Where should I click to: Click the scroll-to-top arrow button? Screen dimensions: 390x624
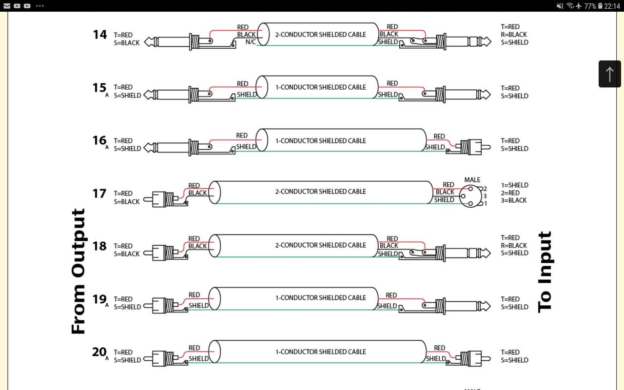pyautogui.click(x=609, y=74)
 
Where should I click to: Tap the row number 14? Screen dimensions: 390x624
pyautogui.click(x=99, y=35)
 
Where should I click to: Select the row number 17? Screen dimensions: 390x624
pyautogui.click(x=99, y=194)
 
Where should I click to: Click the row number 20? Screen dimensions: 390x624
pyautogui.click(x=99, y=352)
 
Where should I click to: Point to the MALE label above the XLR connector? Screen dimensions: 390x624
pyautogui.click(x=472, y=180)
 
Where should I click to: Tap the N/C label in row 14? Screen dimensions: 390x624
pyautogui.click(x=251, y=42)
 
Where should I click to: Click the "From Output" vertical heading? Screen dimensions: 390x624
pyautogui.click(x=78, y=271)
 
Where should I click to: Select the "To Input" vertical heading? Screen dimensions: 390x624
pyautogui.click(x=545, y=271)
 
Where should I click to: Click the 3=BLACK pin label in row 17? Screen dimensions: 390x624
pyautogui.click(x=514, y=200)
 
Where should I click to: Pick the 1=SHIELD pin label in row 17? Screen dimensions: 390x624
pyautogui.click(x=514, y=185)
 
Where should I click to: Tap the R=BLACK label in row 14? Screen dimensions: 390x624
pyautogui.click(x=514, y=35)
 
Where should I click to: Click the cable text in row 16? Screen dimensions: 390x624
pyautogui.click(x=320, y=141)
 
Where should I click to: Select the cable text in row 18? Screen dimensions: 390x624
pyautogui.click(x=320, y=245)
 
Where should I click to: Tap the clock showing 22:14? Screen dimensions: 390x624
pyautogui.click(x=612, y=6)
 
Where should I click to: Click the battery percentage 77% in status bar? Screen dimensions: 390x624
pyautogui.click(x=590, y=6)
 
